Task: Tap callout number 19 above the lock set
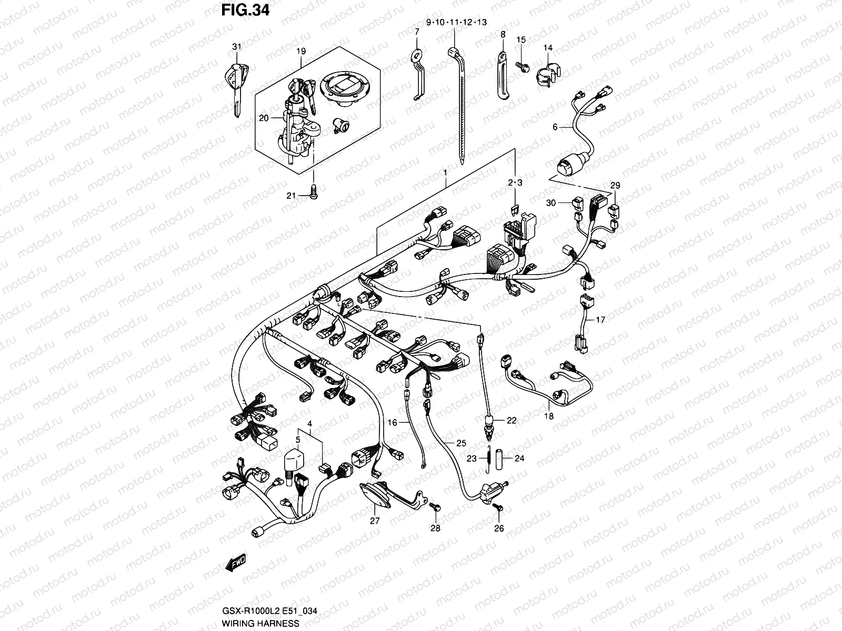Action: point(300,52)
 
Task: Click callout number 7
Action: point(417,32)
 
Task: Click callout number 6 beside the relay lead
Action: point(555,127)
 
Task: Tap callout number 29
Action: point(615,185)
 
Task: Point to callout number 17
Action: point(600,319)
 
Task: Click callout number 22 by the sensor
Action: point(512,420)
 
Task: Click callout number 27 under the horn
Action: point(375,521)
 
